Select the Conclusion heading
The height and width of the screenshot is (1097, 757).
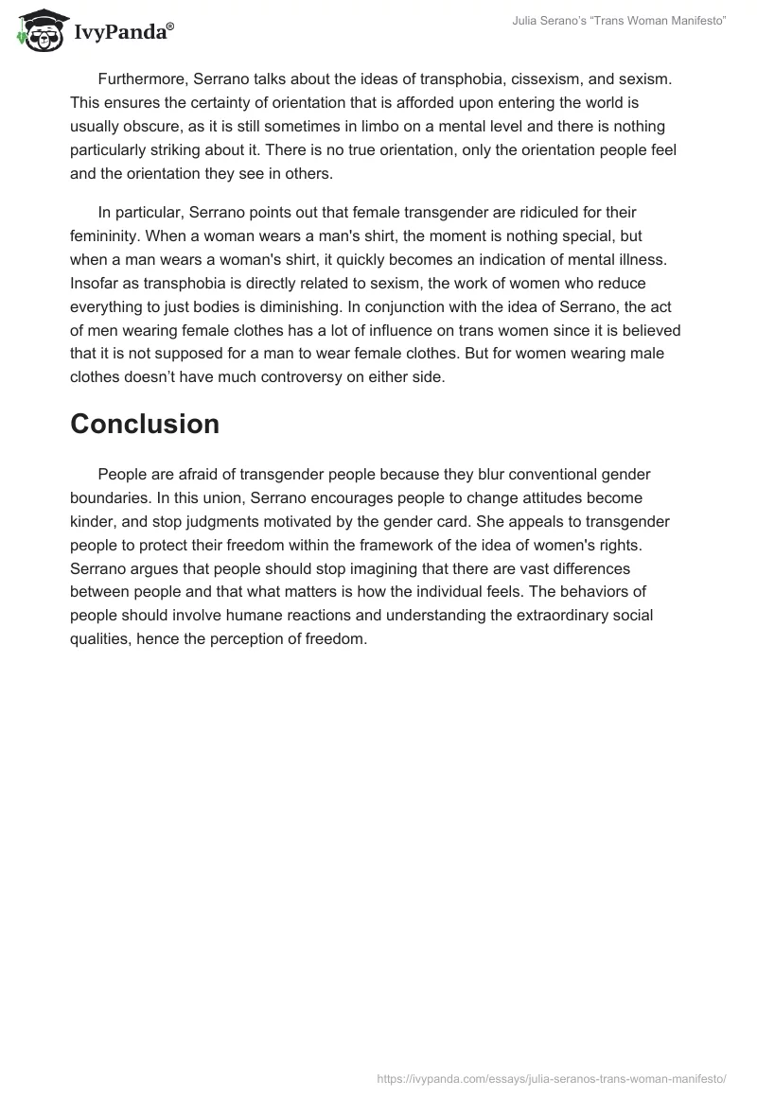145,424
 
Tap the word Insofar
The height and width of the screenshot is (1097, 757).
94,283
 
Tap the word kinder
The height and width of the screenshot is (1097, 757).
93,522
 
